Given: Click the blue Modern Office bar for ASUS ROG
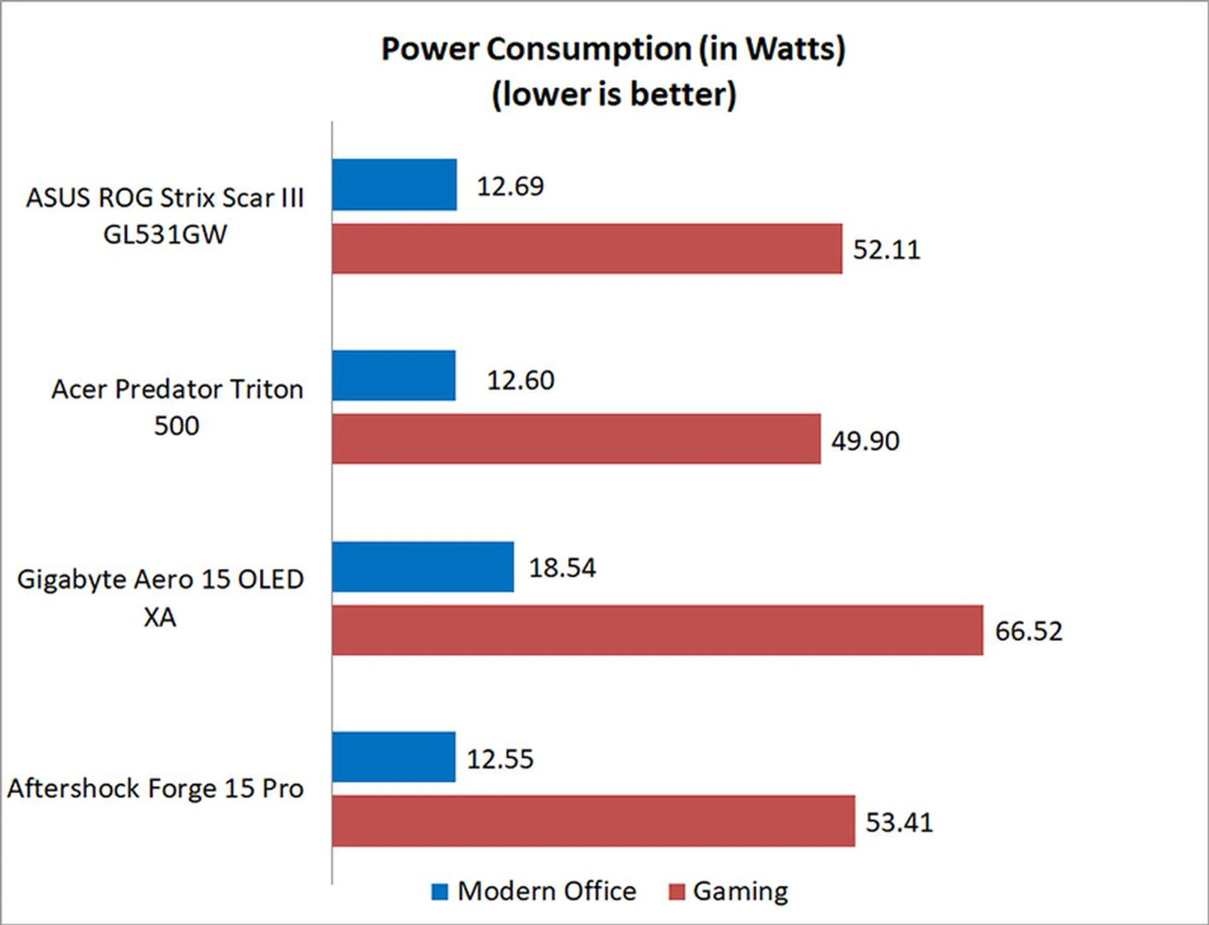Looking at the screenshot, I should click(x=394, y=184).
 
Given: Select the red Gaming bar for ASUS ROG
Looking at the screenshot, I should click(x=587, y=249).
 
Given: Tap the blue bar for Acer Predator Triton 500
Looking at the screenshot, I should click(x=394, y=376).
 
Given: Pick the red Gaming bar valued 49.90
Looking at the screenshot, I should click(x=576, y=439).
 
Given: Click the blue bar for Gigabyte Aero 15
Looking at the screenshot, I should click(x=423, y=567).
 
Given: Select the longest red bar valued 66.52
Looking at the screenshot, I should click(x=657, y=631).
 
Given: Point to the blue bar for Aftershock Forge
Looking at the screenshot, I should click(x=394, y=757).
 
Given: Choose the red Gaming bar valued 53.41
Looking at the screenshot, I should click(x=593, y=821).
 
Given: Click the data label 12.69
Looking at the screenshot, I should click(x=510, y=186).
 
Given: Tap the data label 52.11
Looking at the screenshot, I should click(x=886, y=250).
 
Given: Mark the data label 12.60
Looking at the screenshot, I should click(x=520, y=380).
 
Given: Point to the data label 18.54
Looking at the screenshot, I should click(x=562, y=568).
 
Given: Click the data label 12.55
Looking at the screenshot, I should click(x=500, y=759).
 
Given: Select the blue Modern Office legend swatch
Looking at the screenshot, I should click(x=440, y=892).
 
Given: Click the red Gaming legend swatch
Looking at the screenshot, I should click(x=676, y=892).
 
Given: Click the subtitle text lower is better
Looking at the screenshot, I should click(x=614, y=94).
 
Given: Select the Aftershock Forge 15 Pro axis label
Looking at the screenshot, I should click(x=156, y=788).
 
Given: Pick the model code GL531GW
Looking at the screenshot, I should click(x=165, y=235).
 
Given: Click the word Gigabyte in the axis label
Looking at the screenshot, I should click(x=71, y=580).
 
